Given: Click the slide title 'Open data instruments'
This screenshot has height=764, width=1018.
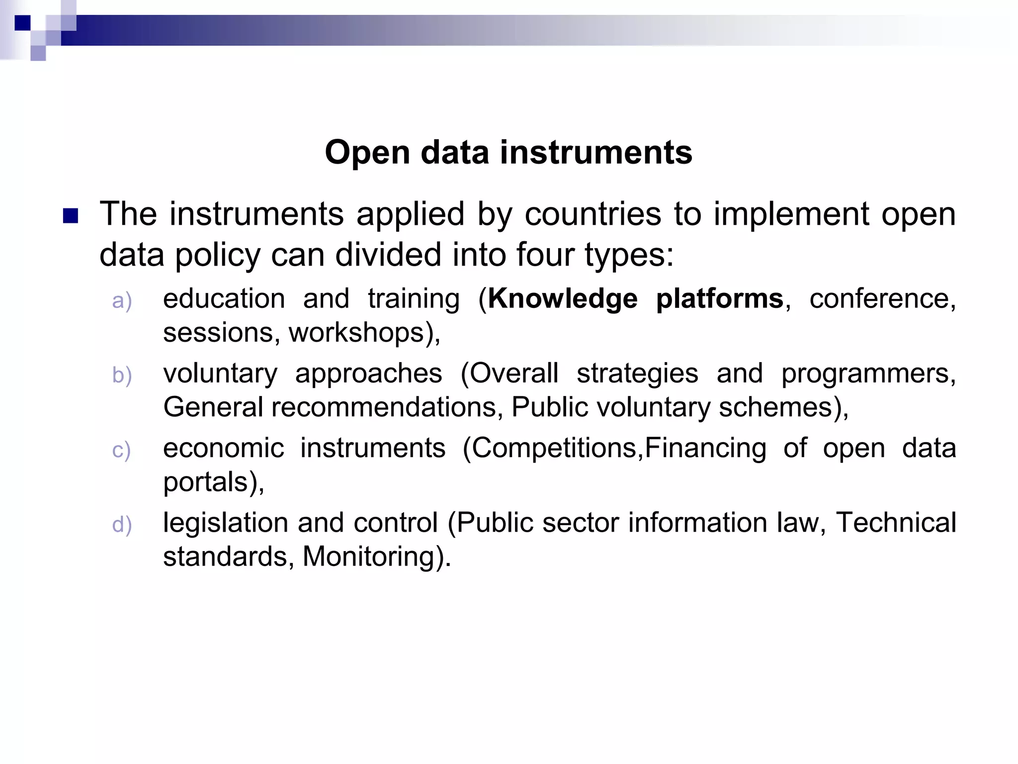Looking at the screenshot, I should (x=509, y=152).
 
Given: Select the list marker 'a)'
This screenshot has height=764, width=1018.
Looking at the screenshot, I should (x=122, y=301).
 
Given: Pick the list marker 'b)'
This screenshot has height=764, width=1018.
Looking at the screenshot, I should (x=122, y=376).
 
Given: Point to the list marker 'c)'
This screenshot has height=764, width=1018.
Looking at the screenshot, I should (x=121, y=450).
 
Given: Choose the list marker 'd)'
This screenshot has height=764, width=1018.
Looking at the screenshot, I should (x=122, y=525).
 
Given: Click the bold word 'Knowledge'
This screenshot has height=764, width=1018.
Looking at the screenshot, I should (x=562, y=299).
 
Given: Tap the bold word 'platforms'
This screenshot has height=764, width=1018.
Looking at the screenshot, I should (x=719, y=299).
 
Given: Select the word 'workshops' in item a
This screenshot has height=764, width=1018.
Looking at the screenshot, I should (x=356, y=333).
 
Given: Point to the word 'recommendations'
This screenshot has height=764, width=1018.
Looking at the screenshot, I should (x=384, y=407).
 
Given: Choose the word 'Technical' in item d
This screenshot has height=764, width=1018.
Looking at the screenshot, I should (x=895, y=523).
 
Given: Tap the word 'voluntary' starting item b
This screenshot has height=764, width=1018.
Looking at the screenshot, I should (x=220, y=374).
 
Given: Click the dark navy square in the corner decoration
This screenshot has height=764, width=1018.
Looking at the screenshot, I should (x=22, y=23).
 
